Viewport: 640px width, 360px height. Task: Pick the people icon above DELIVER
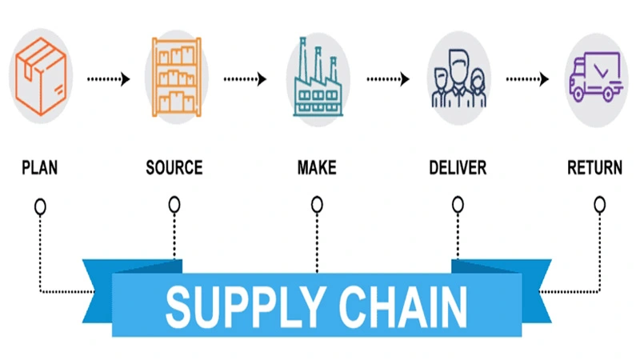click(x=458, y=77)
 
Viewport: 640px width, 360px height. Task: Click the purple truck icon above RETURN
click(x=595, y=77)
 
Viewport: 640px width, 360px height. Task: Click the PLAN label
click(x=39, y=169)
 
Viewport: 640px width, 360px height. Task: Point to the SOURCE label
click(x=174, y=169)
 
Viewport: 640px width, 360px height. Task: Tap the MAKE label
click(x=317, y=169)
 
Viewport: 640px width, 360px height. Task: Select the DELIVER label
click(x=458, y=169)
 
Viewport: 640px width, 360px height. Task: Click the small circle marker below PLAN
click(x=40, y=206)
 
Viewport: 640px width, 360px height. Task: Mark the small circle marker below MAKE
click(x=318, y=206)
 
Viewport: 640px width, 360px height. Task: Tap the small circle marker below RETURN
click(x=599, y=205)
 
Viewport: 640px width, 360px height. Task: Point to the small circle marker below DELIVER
click(x=458, y=206)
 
